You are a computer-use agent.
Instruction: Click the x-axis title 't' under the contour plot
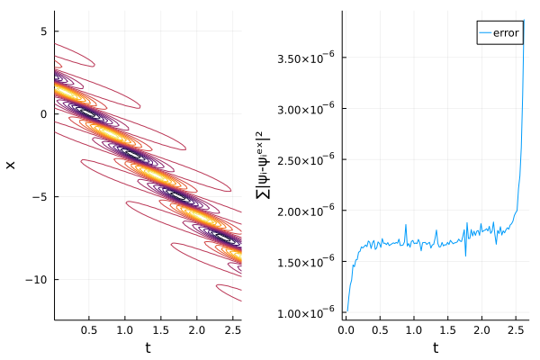click(148, 347)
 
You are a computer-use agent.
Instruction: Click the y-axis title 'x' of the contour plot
click(11, 165)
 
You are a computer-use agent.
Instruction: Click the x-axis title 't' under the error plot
click(436, 347)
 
